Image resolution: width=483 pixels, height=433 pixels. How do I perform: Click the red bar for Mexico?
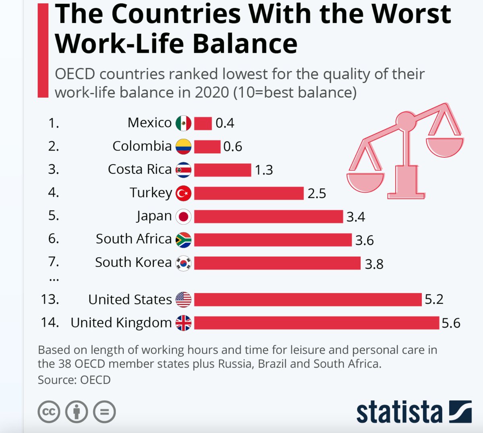click(x=203, y=123)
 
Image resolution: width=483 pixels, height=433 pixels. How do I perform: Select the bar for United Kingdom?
click(x=316, y=323)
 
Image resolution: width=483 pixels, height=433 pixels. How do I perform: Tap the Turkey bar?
click(x=249, y=193)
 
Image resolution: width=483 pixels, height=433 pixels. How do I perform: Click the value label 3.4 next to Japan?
click(x=356, y=217)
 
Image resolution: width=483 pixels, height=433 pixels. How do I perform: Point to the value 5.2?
click(x=434, y=299)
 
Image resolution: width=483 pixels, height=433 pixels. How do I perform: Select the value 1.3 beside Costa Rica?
click(x=264, y=170)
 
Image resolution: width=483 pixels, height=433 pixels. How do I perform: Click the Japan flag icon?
click(x=184, y=216)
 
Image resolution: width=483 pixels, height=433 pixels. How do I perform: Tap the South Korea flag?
click(x=184, y=263)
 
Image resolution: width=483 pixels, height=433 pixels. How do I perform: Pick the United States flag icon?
click(x=184, y=299)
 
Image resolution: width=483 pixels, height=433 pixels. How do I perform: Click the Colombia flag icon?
click(x=184, y=146)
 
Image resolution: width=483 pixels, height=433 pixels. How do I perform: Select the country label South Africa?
click(x=134, y=239)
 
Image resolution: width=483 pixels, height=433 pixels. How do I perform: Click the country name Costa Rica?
click(x=140, y=169)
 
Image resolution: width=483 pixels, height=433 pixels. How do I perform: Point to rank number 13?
click(x=50, y=299)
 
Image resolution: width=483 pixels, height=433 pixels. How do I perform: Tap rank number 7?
click(x=54, y=262)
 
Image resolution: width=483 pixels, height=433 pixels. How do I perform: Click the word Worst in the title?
click(x=411, y=14)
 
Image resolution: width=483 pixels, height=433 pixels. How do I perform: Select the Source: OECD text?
click(x=74, y=380)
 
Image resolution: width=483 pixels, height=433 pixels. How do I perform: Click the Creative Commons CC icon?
click(x=49, y=412)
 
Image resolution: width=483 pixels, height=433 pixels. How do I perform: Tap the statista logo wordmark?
click(x=399, y=412)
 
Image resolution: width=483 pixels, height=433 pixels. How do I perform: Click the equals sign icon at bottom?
click(x=104, y=412)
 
